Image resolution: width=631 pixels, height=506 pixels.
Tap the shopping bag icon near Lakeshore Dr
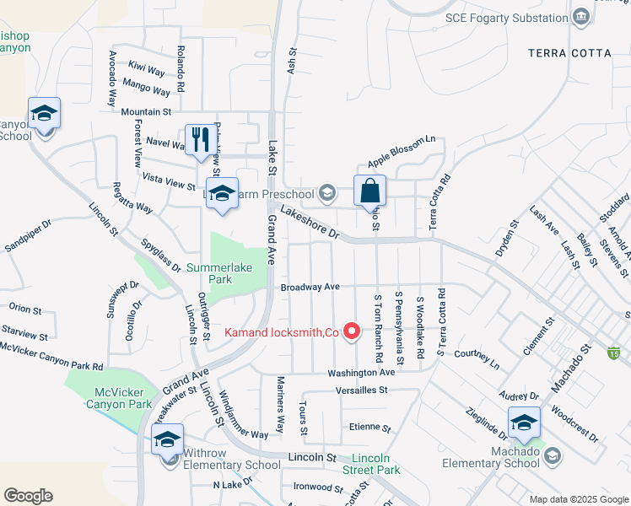coord(370,191)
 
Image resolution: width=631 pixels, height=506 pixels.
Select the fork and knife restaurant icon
coord(199,140)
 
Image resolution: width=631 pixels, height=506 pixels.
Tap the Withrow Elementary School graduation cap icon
coord(167,439)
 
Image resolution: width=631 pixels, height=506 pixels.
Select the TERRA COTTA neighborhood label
coord(569,53)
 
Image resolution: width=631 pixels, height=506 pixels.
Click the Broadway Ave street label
coord(310,287)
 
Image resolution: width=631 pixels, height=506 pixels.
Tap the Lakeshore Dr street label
coord(309,222)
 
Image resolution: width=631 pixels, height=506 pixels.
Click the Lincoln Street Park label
coord(370,464)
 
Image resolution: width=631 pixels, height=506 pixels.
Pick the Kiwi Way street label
coord(147,66)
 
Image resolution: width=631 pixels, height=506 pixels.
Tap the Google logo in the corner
coord(28,496)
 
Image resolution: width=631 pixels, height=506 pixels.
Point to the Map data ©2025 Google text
coord(578,499)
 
